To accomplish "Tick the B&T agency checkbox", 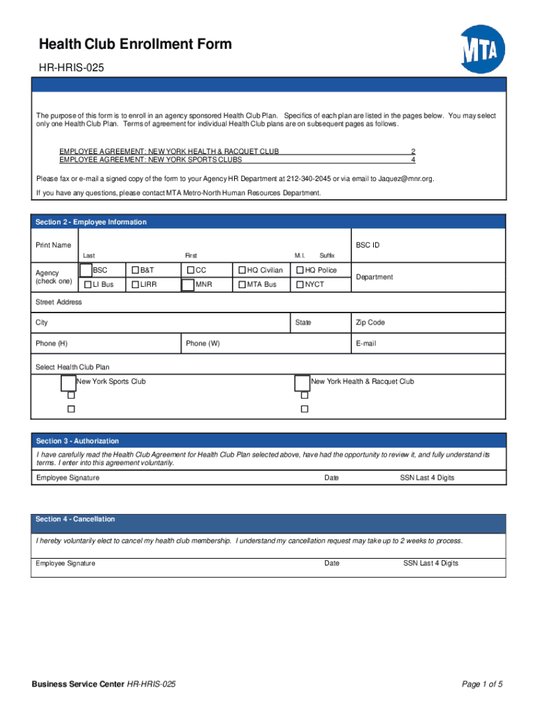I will pyautogui.click(x=136, y=270).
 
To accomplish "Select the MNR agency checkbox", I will pyautogui.click(x=188, y=285).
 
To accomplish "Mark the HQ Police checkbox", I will pyautogui.click(x=300, y=270).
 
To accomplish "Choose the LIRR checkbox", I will pyautogui.click(x=136, y=285).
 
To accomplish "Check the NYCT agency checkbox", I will pyautogui.click(x=300, y=285).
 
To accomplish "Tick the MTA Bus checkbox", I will pyautogui.click(x=242, y=285).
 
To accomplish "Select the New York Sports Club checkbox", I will pyautogui.click(x=68, y=382).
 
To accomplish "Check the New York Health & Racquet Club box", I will pyautogui.click(x=302, y=382).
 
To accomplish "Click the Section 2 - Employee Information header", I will pyautogui.click(x=92, y=222).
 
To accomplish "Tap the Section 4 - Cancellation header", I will pyautogui.click(x=75, y=520).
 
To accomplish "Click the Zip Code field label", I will pyautogui.click(x=370, y=322).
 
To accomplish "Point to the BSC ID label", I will pyautogui.click(x=368, y=245).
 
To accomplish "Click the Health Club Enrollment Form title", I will pyautogui.click(x=135, y=45).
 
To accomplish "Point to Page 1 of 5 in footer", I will pyautogui.click(x=483, y=684).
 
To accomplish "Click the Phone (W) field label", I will pyautogui.click(x=203, y=343).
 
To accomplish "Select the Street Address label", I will pyautogui.click(x=59, y=302).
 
